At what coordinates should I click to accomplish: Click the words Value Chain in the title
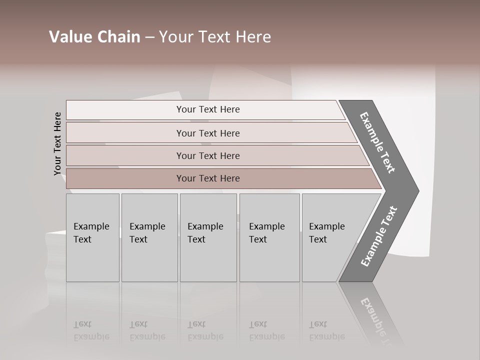click(94, 37)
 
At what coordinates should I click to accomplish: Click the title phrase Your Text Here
click(215, 37)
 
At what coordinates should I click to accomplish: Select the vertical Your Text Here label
click(57, 143)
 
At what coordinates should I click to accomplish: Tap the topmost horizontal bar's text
click(208, 109)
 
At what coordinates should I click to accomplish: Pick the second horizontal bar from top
click(208, 133)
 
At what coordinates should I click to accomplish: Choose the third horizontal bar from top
click(208, 155)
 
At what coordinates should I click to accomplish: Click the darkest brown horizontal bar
click(208, 178)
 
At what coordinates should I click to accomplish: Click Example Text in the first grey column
click(91, 233)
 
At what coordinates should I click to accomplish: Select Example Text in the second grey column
click(147, 233)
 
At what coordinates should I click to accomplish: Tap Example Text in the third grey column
click(205, 233)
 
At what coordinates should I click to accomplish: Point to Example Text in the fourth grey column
click(266, 233)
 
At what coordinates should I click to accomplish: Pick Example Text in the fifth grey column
click(326, 233)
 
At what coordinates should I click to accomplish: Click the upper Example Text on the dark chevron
click(377, 142)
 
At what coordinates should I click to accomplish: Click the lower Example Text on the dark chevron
click(378, 236)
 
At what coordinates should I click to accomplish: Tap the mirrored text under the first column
click(91, 330)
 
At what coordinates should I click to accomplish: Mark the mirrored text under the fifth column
click(326, 330)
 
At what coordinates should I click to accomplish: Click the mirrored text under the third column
click(205, 330)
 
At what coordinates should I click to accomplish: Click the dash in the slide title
click(149, 37)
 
